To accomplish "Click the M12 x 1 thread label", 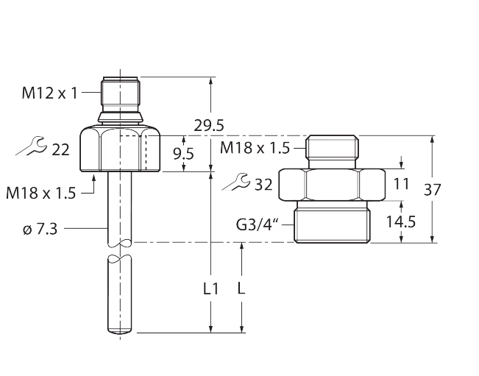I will click(50, 92).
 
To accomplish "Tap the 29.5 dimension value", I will click(208, 125).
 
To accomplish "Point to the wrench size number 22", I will click(60, 149).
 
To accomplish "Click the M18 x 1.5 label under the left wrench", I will click(41, 194).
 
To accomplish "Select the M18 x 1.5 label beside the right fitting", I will click(255, 148).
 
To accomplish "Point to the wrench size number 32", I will click(263, 184).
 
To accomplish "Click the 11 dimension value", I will click(401, 183).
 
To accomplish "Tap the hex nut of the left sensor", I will click(122, 149).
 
